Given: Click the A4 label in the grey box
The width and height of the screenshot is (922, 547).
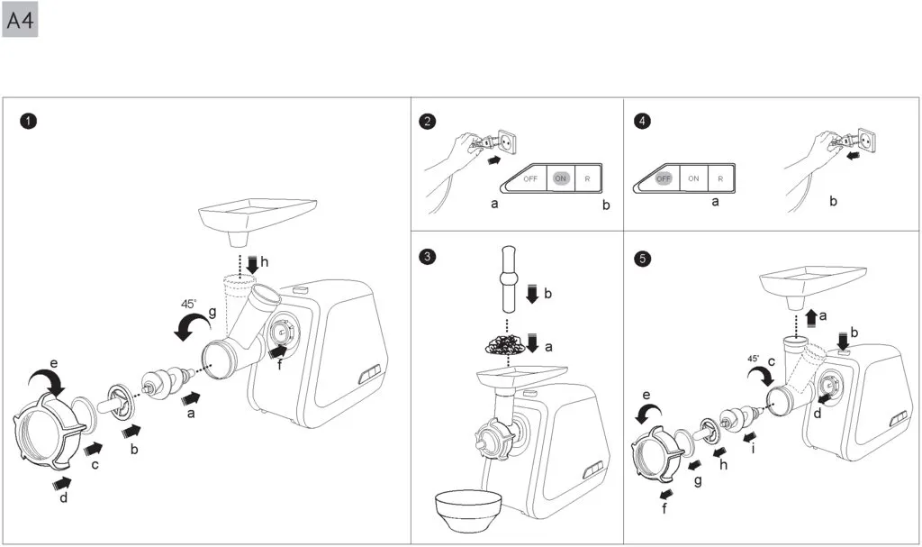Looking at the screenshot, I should (x=21, y=21).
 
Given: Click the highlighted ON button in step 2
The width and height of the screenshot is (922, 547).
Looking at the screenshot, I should (x=560, y=178).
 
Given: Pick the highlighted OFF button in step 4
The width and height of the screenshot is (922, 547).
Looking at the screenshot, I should (x=664, y=178).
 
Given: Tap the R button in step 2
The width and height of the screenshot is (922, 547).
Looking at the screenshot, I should (x=587, y=178).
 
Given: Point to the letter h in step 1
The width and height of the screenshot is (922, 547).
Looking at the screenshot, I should (x=264, y=261).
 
